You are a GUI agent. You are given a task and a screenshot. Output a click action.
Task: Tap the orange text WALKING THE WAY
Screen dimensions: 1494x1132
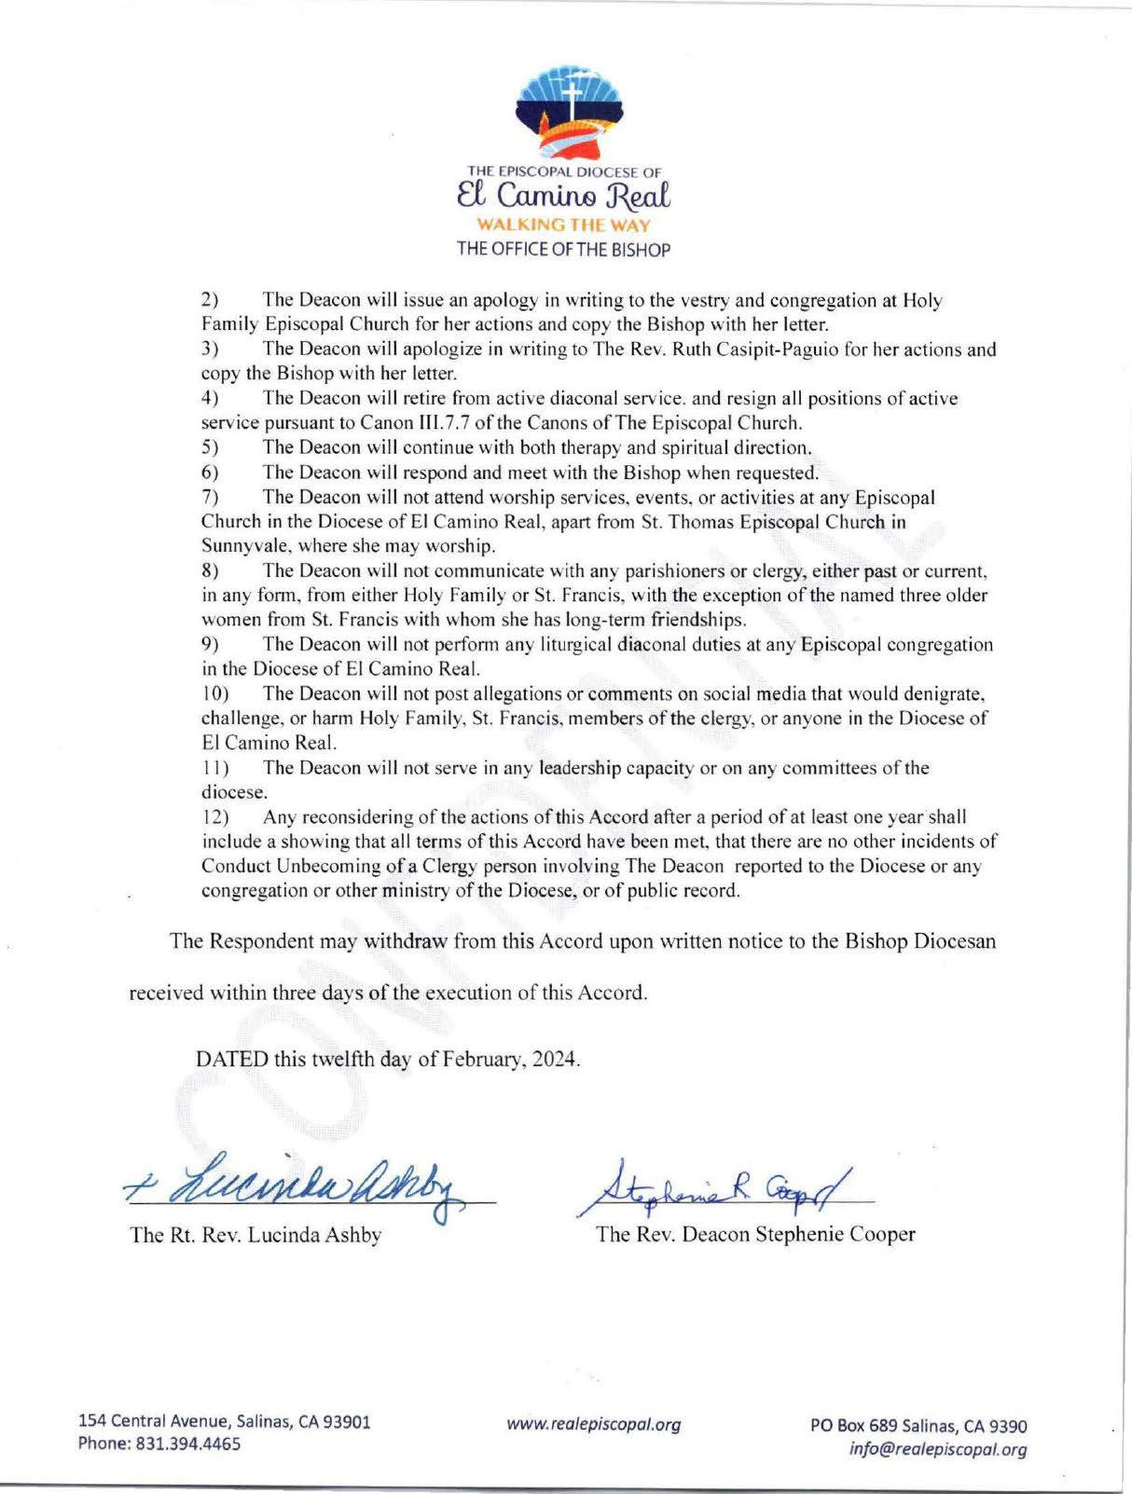564,226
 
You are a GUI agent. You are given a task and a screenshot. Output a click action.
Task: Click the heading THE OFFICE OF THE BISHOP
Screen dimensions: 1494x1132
563,249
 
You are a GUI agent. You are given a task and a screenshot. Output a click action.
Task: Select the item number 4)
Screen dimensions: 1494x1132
210,399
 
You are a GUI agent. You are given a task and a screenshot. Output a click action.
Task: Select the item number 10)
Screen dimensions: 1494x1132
214,693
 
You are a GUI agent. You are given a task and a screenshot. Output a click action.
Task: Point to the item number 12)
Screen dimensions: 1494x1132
214,817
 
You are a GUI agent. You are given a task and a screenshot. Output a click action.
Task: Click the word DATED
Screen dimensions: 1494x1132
231,1060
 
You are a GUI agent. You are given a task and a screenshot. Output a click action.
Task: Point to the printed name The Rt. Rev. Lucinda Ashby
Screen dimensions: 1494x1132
255,1235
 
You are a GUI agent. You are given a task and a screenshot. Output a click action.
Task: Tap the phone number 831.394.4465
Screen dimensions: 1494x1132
184,1444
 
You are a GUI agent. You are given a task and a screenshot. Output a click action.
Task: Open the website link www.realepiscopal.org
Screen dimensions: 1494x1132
594,1424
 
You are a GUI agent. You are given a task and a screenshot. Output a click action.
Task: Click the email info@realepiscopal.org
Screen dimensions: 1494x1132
938,1449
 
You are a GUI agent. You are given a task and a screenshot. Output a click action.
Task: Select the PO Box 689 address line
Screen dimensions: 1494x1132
918,1426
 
